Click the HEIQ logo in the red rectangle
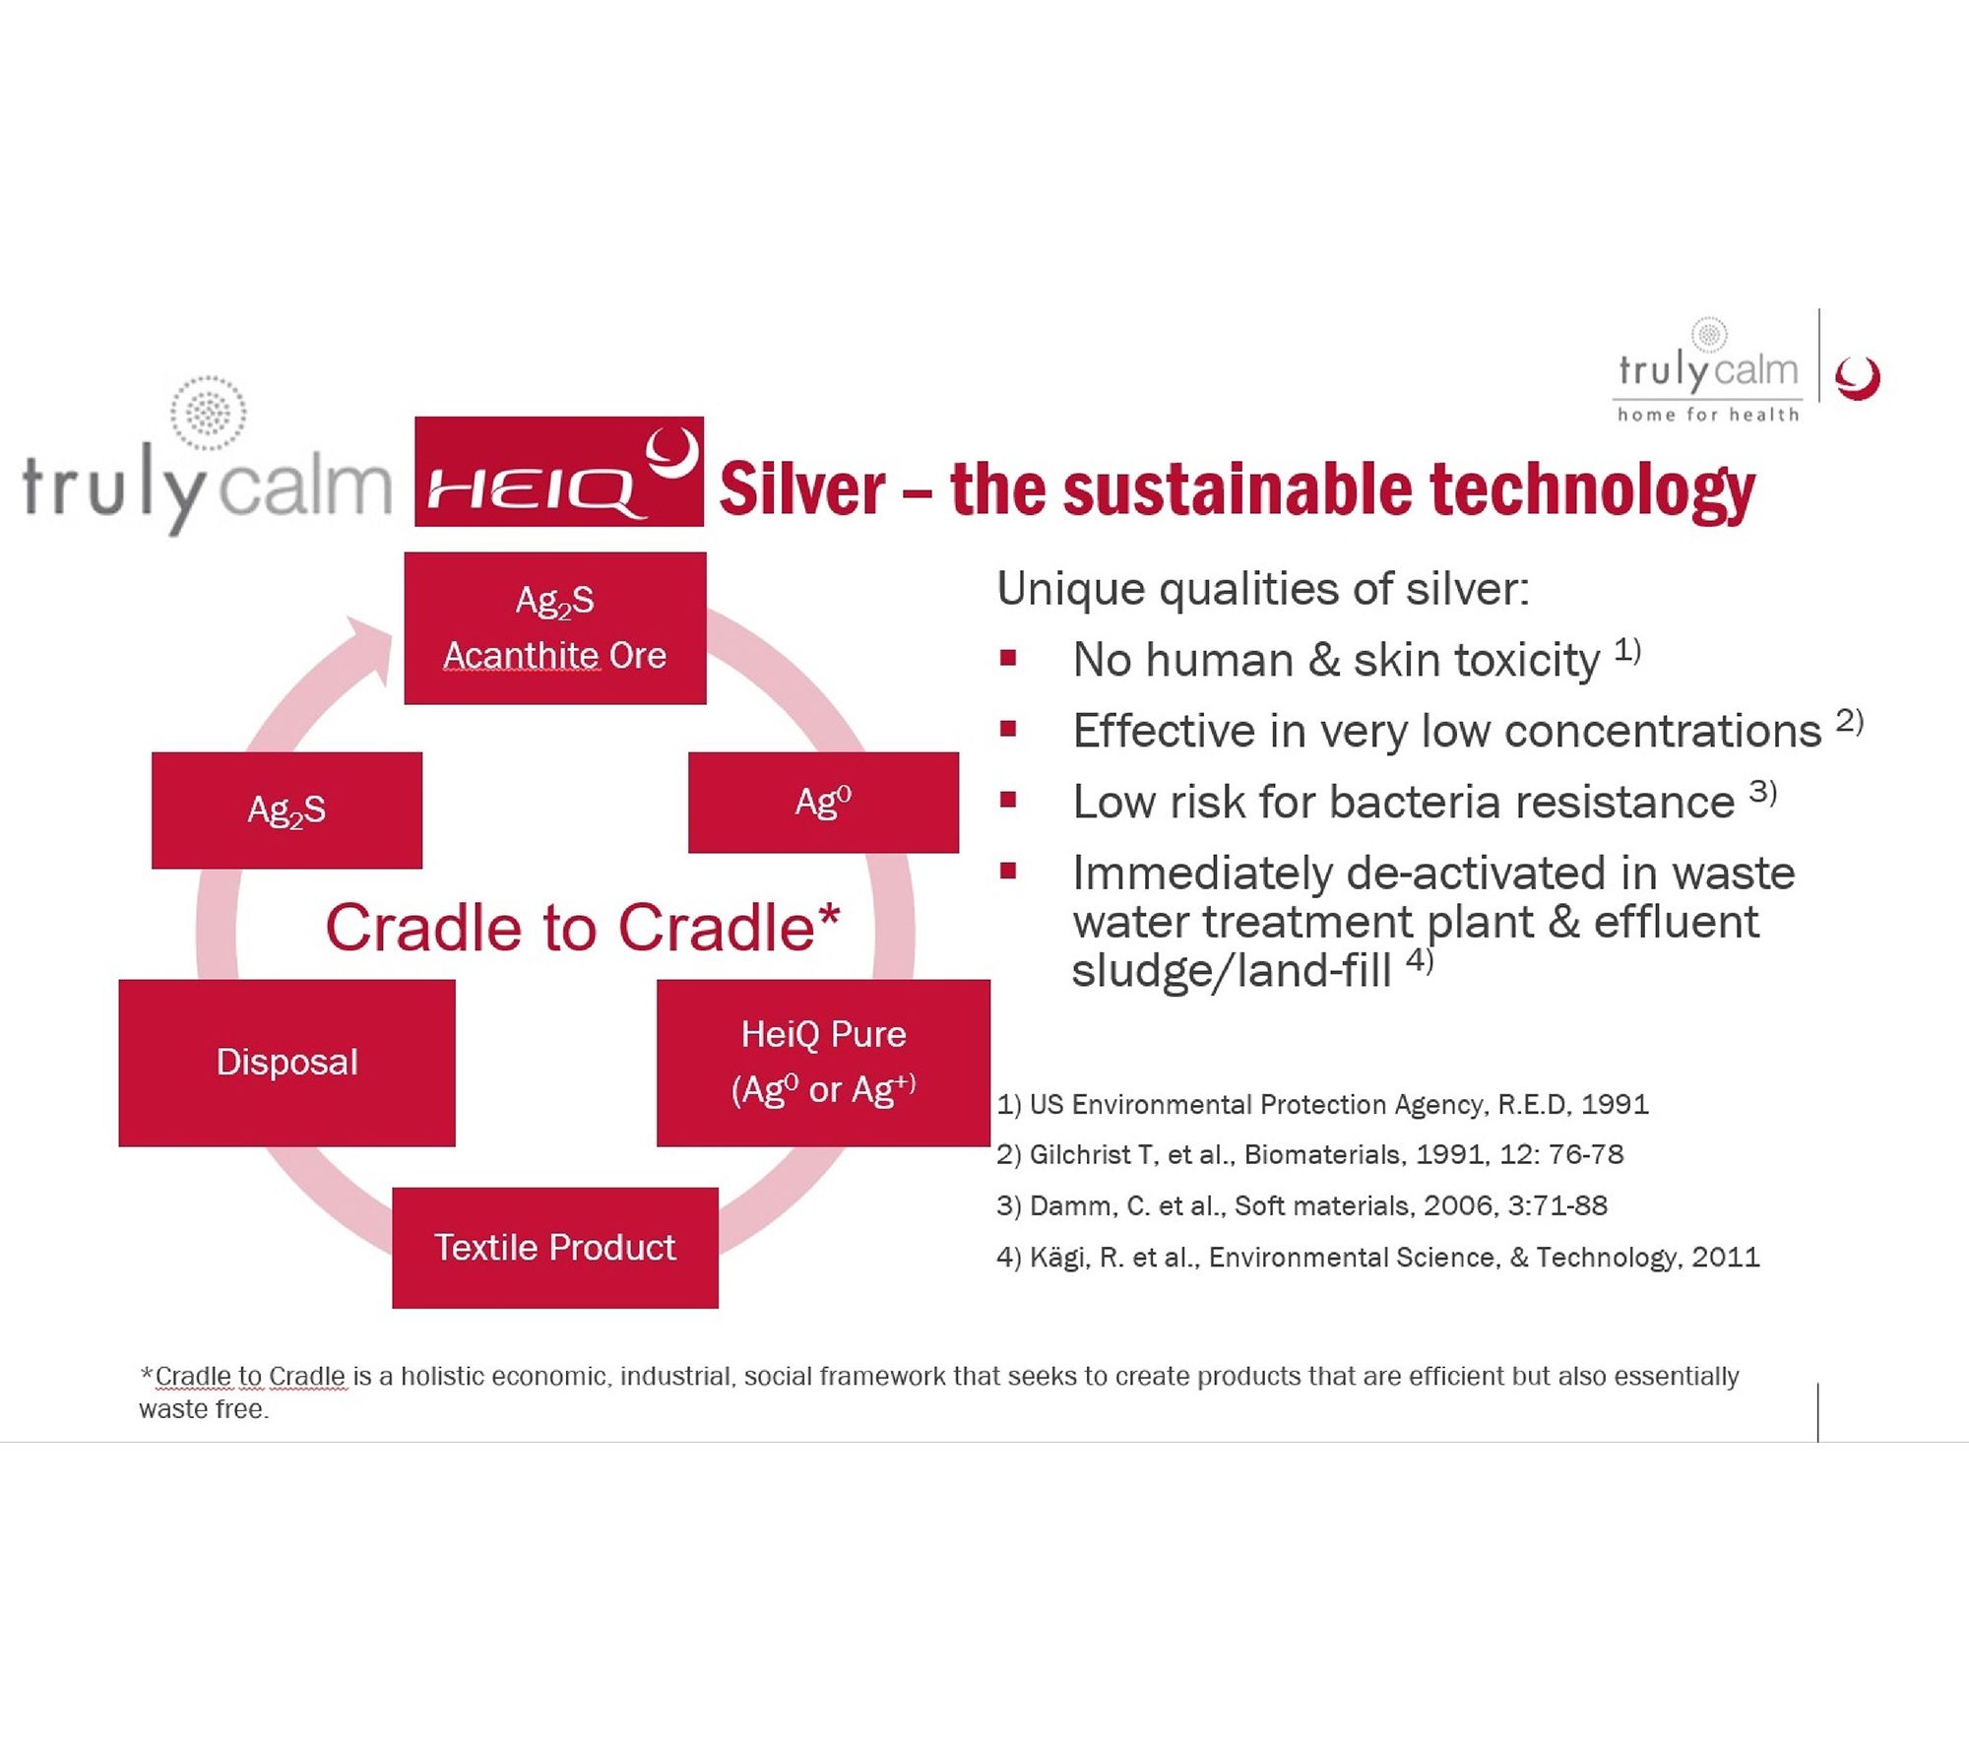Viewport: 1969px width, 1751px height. coord(558,471)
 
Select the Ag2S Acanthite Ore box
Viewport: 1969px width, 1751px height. coord(555,628)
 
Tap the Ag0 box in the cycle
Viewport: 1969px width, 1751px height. coord(823,802)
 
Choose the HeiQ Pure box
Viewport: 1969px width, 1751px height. coord(823,1063)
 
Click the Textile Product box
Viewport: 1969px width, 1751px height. coord(555,1248)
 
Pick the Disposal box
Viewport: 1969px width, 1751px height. coord(286,1063)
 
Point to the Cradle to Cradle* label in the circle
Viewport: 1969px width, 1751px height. coord(583,928)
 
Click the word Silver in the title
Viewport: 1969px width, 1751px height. coord(802,489)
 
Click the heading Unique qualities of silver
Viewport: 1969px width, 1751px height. coord(1263,589)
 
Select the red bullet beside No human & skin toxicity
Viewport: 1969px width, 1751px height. coord(1007,658)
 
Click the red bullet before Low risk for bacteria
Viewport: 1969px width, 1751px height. coord(1007,800)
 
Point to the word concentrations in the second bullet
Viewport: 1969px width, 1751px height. coord(1663,731)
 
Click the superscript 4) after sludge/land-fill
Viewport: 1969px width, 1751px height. coord(1419,959)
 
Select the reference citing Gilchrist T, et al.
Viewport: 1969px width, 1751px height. coord(1309,1154)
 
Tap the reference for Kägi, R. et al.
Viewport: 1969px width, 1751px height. coord(1377,1258)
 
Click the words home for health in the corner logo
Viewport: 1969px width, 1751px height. coord(1708,415)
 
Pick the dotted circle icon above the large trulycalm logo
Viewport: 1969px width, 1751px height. coord(208,413)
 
